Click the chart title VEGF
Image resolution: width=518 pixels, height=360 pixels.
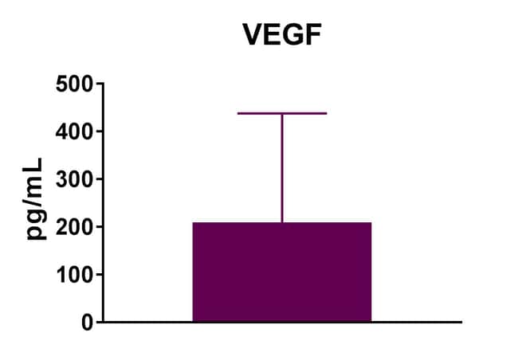(x=281, y=35)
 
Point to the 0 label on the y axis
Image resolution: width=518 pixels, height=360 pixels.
(x=86, y=323)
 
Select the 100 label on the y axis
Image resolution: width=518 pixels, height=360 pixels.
(x=73, y=275)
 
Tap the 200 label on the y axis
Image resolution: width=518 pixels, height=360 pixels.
(x=73, y=227)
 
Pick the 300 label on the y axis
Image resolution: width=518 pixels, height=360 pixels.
(x=73, y=179)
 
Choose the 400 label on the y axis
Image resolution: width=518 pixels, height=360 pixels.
(x=73, y=131)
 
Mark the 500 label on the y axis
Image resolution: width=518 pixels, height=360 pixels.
(x=73, y=84)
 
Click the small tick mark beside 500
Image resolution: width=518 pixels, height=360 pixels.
(x=98, y=83)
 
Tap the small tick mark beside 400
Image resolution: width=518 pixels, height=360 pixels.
(x=98, y=131)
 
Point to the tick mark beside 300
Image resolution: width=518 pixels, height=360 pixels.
(x=98, y=178)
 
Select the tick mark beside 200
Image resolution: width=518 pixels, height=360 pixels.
(x=98, y=226)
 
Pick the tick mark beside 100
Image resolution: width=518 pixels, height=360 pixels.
(x=98, y=274)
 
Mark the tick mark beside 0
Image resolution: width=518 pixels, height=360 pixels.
(x=98, y=322)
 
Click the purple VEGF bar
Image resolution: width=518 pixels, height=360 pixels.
(x=282, y=272)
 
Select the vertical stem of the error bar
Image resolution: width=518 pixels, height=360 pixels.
(x=282, y=167)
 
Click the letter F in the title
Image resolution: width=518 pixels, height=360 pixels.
(x=310, y=35)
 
